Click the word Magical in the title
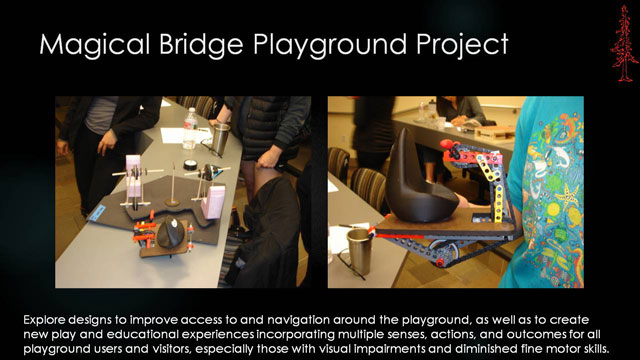coord(95,45)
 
